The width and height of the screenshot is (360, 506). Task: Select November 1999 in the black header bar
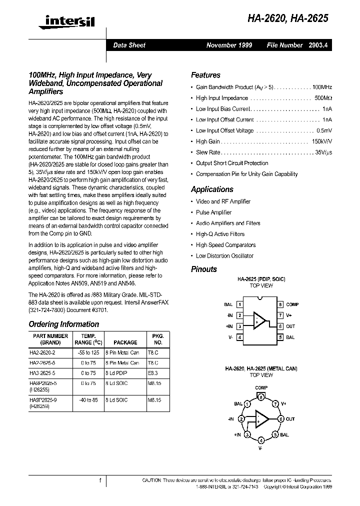tap(229, 45)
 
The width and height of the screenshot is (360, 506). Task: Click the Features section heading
tap(205, 75)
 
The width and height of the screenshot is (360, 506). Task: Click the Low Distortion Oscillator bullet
tap(224, 255)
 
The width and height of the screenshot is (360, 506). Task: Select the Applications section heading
tap(212, 189)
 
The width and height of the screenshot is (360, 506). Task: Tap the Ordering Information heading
tap(63, 324)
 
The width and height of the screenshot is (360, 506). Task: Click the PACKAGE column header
tap(125, 342)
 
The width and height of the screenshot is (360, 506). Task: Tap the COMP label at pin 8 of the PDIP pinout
tap(292, 304)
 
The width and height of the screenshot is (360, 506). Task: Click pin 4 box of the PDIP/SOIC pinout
tap(240, 337)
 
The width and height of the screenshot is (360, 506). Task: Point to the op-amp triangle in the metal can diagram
tap(260, 419)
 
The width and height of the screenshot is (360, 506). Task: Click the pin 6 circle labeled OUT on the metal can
tap(281, 419)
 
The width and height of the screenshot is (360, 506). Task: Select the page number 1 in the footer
tap(100, 480)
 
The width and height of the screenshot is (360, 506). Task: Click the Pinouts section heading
tap(204, 269)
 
